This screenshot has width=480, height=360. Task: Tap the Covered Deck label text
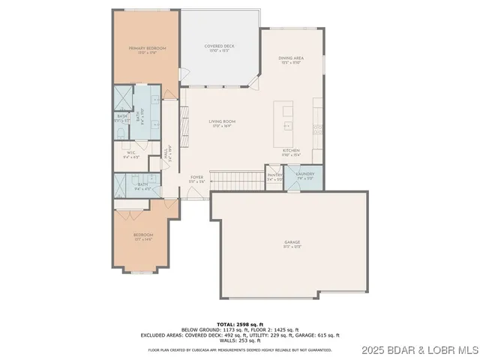(x=220, y=47)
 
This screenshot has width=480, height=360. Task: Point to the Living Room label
(x=222, y=123)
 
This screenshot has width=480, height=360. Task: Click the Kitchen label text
(x=291, y=151)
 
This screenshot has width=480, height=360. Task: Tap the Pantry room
(x=274, y=177)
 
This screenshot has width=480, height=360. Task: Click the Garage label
(x=292, y=244)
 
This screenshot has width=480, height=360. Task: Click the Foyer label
(x=196, y=178)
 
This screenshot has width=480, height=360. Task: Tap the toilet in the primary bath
(x=121, y=132)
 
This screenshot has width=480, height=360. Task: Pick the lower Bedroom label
(x=144, y=238)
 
